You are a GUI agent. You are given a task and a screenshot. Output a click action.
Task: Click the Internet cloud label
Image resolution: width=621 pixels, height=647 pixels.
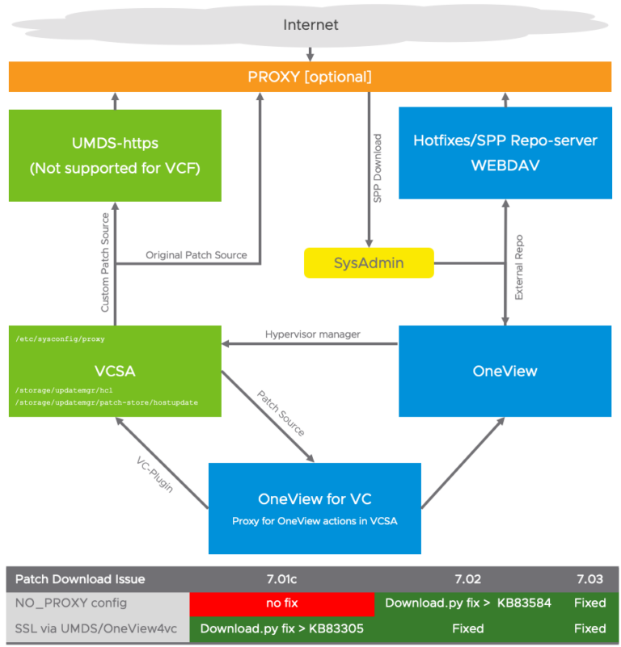click(x=310, y=25)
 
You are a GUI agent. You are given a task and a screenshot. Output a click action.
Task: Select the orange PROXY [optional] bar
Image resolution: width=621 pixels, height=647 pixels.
click(x=310, y=77)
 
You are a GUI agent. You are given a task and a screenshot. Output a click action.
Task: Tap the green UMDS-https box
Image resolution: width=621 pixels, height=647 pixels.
click(x=115, y=155)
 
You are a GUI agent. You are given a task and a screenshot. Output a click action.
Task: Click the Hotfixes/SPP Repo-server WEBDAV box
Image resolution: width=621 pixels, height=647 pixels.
click(x=505, y=152)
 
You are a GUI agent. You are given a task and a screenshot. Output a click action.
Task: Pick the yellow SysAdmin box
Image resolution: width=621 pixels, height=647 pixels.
click(x=369, y=263)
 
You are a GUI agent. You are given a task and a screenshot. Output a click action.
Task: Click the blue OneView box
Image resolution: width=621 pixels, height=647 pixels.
click(x=505, y=371)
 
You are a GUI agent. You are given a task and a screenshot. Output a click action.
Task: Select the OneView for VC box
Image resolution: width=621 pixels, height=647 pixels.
click(x=315, y=508)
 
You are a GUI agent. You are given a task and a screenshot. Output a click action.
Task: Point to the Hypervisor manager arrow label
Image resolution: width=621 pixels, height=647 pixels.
click(x=311, y=334)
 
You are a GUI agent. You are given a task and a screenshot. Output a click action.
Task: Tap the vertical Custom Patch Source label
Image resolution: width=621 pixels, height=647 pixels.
click(x=104, y=263)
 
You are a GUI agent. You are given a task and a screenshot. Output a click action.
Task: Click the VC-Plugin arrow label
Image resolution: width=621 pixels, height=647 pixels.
click(x=153, y=473)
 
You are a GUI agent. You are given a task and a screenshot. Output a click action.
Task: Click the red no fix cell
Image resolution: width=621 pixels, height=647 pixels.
click(x=282, y=603)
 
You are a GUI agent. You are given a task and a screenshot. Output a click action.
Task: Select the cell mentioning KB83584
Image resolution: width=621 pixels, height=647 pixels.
click(x=467, y=603)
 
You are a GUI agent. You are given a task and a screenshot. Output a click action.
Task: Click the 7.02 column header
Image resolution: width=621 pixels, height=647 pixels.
click(x=467, y=578)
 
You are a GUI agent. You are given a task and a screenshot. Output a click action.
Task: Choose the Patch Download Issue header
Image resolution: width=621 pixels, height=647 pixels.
click(x=81, y=578)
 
